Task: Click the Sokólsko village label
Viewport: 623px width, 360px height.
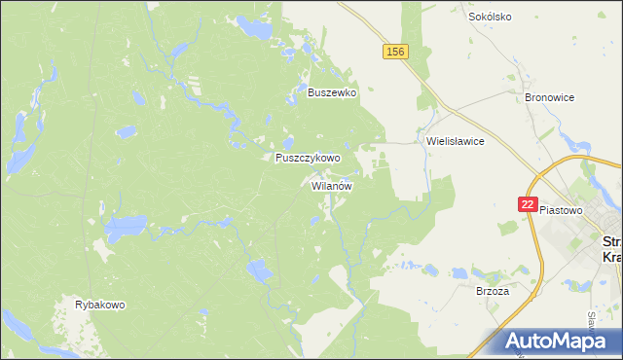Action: coord(490,17)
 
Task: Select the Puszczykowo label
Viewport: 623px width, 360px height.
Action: coord(308,158)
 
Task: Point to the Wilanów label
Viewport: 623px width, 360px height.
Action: coord(332,185)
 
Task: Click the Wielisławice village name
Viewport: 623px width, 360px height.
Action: coord(456,140)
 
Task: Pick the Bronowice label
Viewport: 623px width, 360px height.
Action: coord(550,98)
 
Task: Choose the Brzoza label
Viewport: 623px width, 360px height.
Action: coord(493,291)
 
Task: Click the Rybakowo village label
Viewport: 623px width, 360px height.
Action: coord(100,305)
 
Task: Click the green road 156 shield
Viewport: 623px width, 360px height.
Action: coord(394,52)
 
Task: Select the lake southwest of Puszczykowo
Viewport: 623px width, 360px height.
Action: coord(125,231)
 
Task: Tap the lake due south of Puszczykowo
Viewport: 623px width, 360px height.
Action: coord(259,270)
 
